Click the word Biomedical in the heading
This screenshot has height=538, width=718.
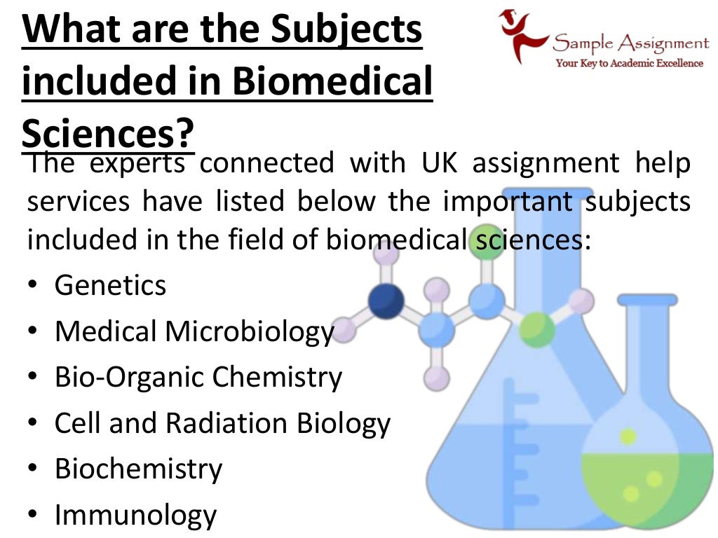tap(332, 81)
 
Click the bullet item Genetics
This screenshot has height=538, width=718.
tap(111, 285)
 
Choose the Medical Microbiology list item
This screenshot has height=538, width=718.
tap(194, 331)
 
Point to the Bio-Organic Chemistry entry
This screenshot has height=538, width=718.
tap(198, 378)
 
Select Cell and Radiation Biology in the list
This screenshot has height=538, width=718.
tap(222, 423)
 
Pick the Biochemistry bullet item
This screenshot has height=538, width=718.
tap(139, 469)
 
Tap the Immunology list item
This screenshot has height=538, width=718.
tap(136, 516)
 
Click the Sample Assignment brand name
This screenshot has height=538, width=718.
tap(630, 44)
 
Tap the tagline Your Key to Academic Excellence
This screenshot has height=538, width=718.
tap(629, 64)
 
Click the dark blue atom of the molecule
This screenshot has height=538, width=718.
tap(386, 301)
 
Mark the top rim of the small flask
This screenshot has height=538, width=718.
tap(646, 300)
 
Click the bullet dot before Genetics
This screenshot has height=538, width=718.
tap(34, 287)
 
